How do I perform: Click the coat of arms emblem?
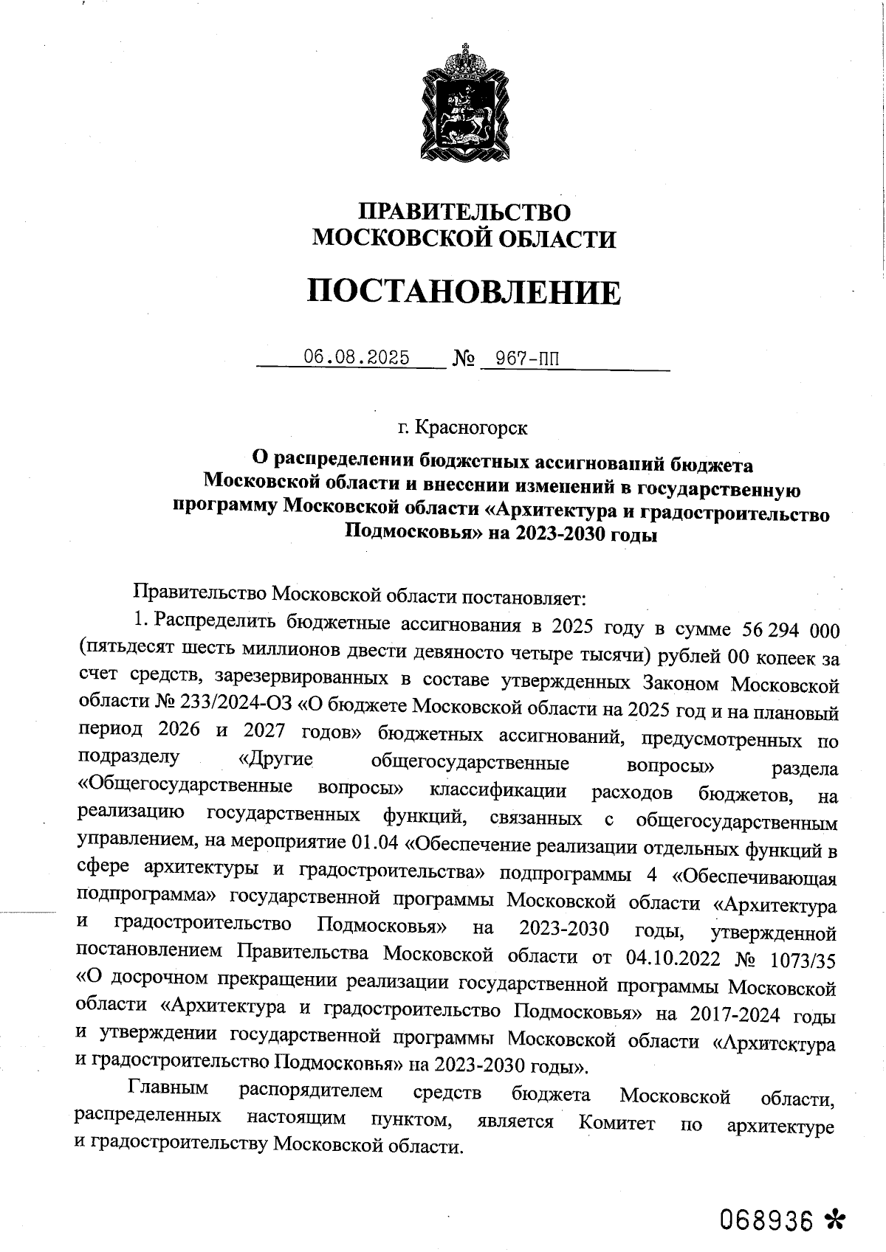464,103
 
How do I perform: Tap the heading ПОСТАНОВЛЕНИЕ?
464,292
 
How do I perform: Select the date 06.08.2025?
357,358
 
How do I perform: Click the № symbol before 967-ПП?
463,360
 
